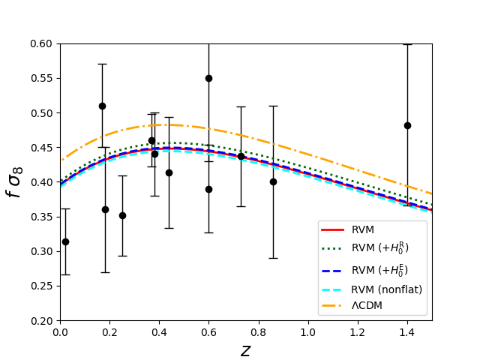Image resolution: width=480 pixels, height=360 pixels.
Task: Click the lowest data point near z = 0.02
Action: pos(65,241)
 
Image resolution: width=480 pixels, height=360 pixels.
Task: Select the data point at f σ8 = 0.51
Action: pos(102,106)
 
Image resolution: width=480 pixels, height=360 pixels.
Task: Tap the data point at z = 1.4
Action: pos(407,125)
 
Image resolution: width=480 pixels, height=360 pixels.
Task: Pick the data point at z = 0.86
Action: pos(273,181)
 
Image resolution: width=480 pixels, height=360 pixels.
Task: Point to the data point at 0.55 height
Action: pos(208,78)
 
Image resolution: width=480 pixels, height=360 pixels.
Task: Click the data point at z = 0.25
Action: pos(122,215)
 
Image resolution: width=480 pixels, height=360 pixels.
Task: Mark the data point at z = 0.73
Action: pos(241,157)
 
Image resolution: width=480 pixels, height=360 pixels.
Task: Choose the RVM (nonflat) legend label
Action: pos(387,289)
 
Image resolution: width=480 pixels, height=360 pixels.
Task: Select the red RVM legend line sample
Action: pos(332,229)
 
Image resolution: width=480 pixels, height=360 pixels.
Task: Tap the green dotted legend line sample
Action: pos(332,249)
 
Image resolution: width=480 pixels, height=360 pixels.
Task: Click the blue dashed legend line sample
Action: pos(332,271)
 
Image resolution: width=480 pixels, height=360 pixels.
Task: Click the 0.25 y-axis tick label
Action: pos(41,286)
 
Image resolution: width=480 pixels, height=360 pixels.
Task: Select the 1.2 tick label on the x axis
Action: pos(358,332)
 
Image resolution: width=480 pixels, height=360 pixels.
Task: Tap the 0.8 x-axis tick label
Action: pos(258,332)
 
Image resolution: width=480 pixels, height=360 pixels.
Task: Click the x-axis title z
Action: pos(246,351)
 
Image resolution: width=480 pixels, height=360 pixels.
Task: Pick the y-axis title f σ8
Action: pos(14,182)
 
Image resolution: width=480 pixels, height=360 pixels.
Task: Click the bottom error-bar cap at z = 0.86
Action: pos(273,258)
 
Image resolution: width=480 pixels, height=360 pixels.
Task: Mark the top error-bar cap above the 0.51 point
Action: pos(102,64)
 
